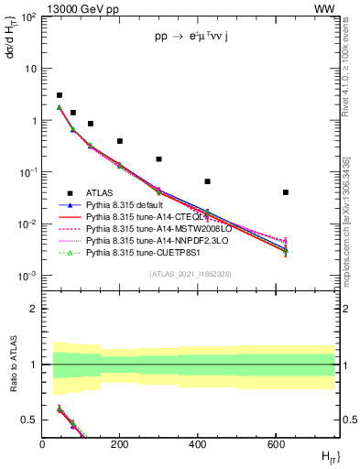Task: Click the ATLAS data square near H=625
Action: (x=286, y=192)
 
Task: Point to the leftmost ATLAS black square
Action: (x=60, y=95)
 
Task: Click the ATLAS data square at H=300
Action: (x=158, y=159)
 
